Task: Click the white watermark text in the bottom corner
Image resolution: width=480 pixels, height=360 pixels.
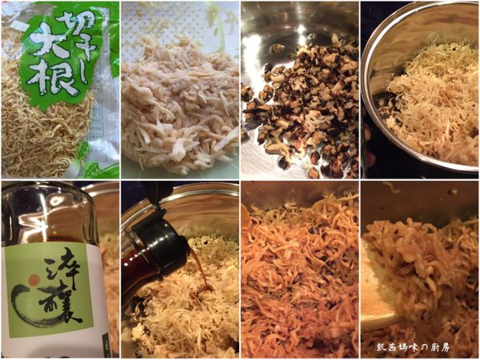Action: [x=425, y=348]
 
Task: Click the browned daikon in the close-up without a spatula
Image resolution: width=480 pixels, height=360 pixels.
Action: [x=300, y=272]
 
